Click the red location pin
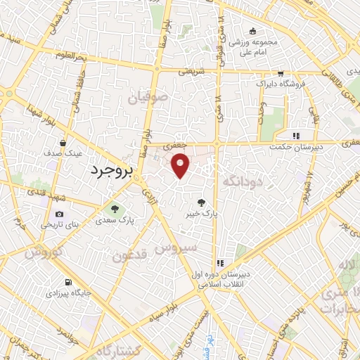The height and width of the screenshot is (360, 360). point(181,165)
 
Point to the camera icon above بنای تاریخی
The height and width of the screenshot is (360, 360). point(59,214)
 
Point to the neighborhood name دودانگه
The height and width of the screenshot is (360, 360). point(242,181)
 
